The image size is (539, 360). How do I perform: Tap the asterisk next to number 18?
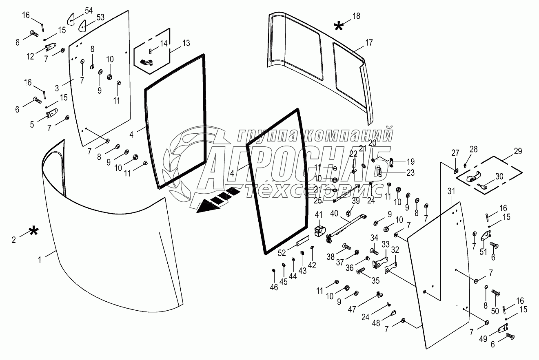click(x=338, y=27)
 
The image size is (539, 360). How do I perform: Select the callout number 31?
click(x=450, y=191)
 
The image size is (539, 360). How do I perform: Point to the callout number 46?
click(x=274, y=287)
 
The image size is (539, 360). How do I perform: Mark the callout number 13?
click(x=186, y=43)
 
